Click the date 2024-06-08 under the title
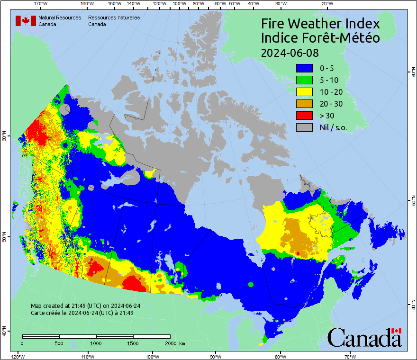pyautogui.click(x=290, y=52)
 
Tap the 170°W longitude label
pyautogui.click(x=41, y=4)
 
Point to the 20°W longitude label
pyautogui.click(x=326, y=4)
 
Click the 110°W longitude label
pyautogui.click(x=87, y=356)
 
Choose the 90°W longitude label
pyautogui.click(x=216, y=356)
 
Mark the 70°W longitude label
pyautogui.click(x=350, y=356)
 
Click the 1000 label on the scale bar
pyautogui.click(x=96, y=343)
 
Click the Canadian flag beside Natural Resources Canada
pyautogui.click(x=26, y=21)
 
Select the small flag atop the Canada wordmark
pyautogui.click(x=396, y=331)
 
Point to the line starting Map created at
pyautogui.click(x=85, y=306)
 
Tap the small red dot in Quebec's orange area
pyautogui.click(x=297, y=254)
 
